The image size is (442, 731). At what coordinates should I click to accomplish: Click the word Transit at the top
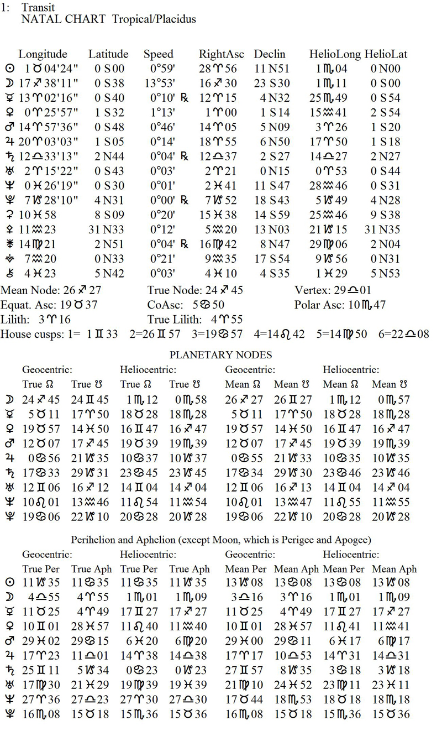pos(38,8)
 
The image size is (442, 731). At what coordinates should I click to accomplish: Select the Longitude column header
pos(43,54)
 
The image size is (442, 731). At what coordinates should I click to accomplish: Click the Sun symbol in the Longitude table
pos(9,69)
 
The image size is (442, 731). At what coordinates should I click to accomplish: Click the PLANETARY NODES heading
pos(220,355)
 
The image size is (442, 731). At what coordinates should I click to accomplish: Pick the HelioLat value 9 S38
pos(386,215)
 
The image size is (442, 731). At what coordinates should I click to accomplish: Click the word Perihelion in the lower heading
pos(94,539)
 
